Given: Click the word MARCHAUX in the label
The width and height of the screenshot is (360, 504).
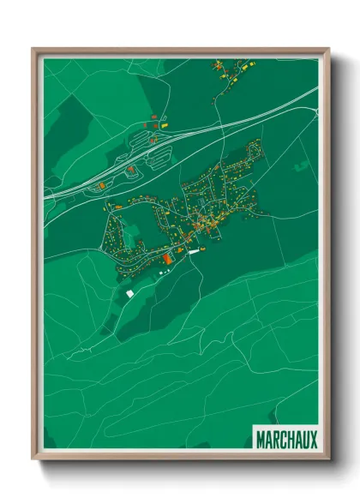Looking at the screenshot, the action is point(286,440).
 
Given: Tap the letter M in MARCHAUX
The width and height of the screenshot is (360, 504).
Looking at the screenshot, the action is point(260,440).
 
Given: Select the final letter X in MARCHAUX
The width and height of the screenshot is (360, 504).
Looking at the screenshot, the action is point(313,440).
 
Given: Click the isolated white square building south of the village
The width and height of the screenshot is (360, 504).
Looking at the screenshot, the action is point(130,294).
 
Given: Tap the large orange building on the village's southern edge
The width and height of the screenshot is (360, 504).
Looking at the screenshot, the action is point(167,256).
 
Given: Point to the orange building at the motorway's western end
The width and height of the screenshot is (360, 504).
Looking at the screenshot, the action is point(101,183).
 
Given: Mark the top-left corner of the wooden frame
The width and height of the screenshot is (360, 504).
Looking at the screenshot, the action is point(33,49).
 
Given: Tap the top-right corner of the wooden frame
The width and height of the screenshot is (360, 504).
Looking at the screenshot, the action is point(328,49).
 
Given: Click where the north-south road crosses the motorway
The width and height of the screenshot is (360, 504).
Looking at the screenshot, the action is point(220,128).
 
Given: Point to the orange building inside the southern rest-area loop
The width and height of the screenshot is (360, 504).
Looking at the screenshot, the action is point(131,170).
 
